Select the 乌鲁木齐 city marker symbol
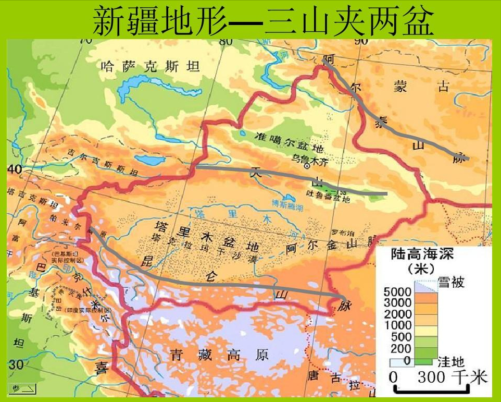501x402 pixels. click(x=307, y=165)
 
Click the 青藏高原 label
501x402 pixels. click(x=219, y=356)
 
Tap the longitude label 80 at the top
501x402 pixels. click(x=226, y=41)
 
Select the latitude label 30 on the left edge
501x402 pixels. click(x=16, y=363)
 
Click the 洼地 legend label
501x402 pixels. click(x=451, y=360)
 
